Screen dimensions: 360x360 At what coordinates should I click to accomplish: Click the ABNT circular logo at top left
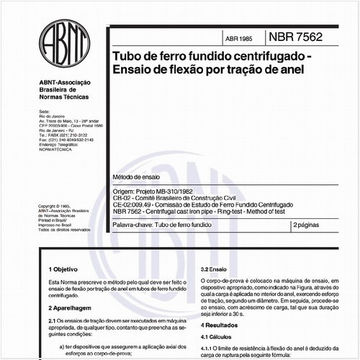(x=65, y=44)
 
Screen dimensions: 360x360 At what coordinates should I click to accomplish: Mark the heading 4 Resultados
(x=224, y=327)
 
